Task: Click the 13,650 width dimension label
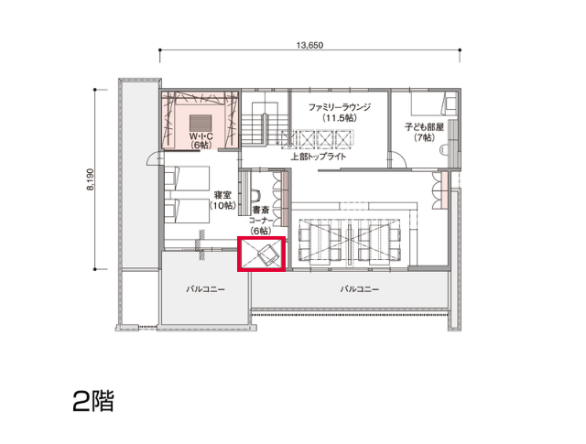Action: click(x=309, y=45)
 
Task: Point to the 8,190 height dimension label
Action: click(x=91, y=179)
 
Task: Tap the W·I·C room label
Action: click(x=201, y=136)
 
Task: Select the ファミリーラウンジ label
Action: click(x=340, y=108)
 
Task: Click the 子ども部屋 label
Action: click(x=424, y=127)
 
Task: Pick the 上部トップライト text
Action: click(x=319, y=157)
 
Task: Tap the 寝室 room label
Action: click(x=222, y=196)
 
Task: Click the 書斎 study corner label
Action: click(x=261, y=210)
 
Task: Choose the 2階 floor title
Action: click(x=93, y=401)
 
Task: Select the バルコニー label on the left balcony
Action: click(x=205, y=289)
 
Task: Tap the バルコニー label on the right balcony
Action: click(x=360, y=289)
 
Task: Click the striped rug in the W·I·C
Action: click(x=201, y=122)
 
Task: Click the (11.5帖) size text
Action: click(x=340, y=118)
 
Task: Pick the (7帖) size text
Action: click(x=424, y=138)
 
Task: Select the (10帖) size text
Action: click(x=222, y=206)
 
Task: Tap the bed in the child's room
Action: click(x=434, y=103)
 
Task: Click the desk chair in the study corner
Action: click(x=256, y=195)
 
